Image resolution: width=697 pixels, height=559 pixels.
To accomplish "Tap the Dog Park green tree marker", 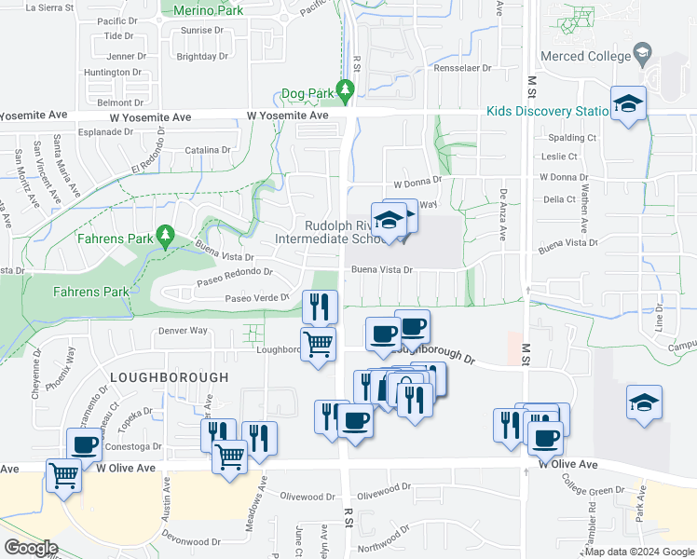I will pos(346,90).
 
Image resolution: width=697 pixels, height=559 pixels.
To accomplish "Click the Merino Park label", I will pos(210,10).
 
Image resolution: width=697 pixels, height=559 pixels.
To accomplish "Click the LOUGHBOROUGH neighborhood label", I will pos(169,377).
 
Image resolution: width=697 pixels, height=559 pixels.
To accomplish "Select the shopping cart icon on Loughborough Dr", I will pos(319,344).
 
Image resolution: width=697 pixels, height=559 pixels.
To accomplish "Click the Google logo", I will pos(31,548).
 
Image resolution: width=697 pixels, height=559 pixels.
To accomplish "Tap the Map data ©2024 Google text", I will pos(640,552).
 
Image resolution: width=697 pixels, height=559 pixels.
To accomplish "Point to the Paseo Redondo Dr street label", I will pos(235,273).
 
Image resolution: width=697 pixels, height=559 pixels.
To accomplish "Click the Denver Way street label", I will pos(182,330).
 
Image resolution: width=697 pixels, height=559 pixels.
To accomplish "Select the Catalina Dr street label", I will pos(207,150).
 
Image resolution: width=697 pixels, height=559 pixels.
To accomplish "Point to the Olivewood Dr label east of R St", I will pos(384,488).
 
